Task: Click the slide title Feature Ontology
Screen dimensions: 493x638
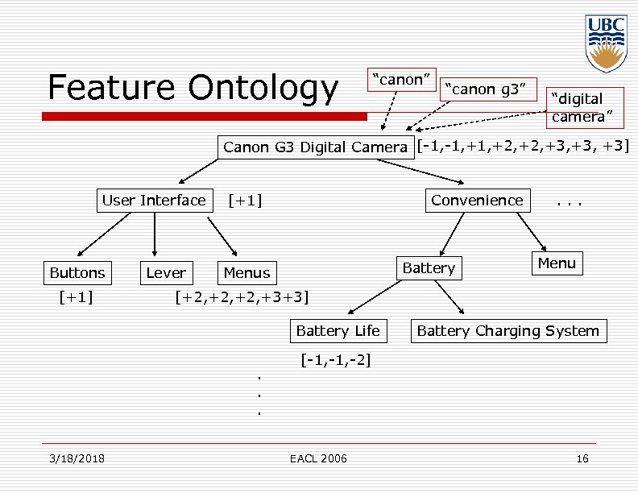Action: point(193,87)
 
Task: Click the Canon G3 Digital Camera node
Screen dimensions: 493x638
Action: point(315,147)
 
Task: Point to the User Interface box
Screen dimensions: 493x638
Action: point(154,200)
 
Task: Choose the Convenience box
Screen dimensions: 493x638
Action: point(477,200)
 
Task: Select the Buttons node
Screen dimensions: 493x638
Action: point(77,272)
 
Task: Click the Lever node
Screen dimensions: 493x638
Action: point(166,272)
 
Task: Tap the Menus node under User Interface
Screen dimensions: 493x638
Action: point(247,272)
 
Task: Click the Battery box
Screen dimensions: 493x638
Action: point(429,267)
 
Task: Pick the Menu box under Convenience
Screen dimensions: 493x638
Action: point(557,263)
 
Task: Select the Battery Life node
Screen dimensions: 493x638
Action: point(338,330)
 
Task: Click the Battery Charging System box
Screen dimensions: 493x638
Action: point(508,330)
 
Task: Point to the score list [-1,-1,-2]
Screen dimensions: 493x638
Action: point(335,360)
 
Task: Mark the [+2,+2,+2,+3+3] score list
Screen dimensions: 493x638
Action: point(242,297)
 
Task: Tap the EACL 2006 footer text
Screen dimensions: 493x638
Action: point(318,458)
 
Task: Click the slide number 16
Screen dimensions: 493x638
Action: point(582,458)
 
